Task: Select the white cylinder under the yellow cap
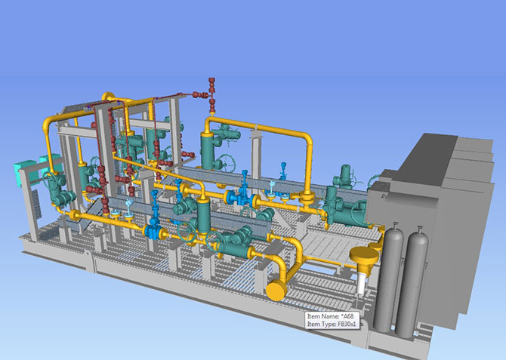click(x=364, y=283)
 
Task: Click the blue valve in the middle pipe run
click(x=244, y=198)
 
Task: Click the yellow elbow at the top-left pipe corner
click(x=50, y=121)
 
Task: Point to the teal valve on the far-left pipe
click(x=56, y=192)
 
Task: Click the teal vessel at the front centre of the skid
click(x=202, y=215)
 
